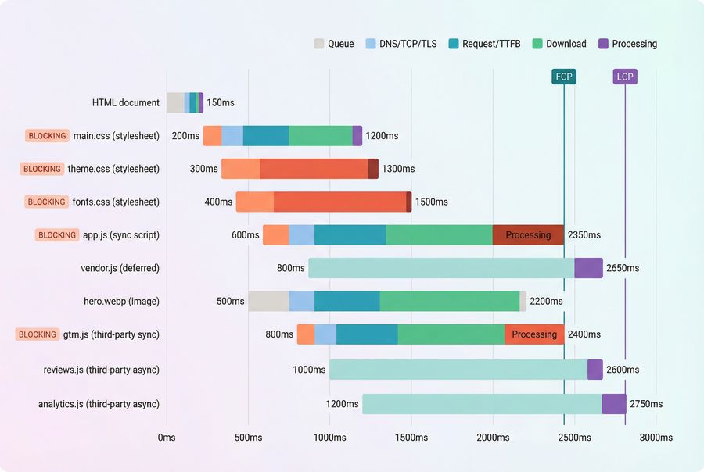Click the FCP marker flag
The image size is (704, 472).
564,77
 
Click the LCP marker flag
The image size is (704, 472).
625,77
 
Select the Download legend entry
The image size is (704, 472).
559,44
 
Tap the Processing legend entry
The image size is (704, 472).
627,44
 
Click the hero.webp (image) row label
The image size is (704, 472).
121,301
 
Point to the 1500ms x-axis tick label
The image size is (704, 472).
411,438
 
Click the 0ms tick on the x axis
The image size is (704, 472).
167,438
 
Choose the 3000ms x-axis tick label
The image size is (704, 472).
656,438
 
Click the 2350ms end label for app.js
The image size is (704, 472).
584,235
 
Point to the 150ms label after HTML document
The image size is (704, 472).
221,102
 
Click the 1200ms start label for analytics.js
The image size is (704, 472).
342,404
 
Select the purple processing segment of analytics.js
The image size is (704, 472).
614,404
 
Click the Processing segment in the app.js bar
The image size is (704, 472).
528,235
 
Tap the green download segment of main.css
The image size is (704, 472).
320,136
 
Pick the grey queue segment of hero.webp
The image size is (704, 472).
268,301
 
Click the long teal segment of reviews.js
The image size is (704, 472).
458,370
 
